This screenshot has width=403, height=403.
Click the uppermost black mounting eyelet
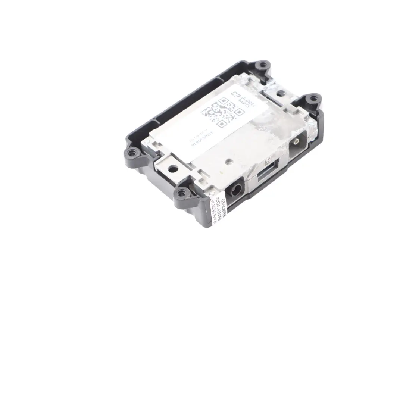pyautogui.click(x=263, y=65)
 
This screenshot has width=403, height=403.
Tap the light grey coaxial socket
pyautogui.click(x=296, y=142)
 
